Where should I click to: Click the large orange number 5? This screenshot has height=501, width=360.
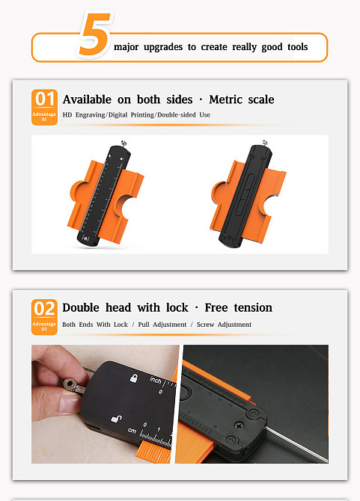95,34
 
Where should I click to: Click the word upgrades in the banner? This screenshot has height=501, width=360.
163,47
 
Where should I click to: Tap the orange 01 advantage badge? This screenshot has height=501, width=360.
44,107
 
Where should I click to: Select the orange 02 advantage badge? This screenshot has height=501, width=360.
44,317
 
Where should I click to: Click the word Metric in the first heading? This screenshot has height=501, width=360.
226,99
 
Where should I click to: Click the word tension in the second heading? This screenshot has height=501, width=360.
253,307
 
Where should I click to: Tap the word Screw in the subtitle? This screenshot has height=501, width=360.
205,325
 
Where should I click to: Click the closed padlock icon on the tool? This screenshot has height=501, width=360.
134,378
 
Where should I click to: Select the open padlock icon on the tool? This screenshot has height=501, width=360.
116,419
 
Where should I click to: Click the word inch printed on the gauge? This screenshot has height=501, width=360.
156,380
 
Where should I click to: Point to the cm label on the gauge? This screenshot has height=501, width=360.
132,431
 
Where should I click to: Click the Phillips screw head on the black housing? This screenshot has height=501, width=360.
239,425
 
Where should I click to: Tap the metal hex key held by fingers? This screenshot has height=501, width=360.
73,385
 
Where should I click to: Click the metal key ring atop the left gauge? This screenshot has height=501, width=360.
123,143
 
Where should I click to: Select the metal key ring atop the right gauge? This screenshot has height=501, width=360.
264,143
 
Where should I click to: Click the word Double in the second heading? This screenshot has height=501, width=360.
81,307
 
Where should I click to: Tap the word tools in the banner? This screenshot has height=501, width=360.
297,47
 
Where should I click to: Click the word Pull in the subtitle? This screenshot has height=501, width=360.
144,325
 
